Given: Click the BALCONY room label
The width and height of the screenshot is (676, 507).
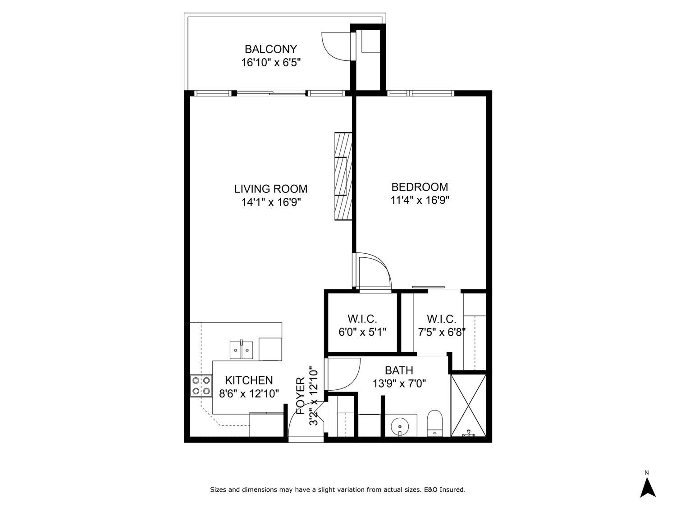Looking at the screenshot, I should tap(270, 49).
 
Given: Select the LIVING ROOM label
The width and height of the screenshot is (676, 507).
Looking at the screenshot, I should tap(270, 188).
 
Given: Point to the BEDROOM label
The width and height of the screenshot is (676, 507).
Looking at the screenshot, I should tap(420, 187).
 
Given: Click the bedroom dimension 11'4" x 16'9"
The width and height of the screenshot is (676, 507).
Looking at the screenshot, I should tap(420, 200).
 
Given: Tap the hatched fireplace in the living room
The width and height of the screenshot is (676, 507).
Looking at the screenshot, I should tap(343, 176).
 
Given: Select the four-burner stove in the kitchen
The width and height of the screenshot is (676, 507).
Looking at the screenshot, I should tap(201, 386).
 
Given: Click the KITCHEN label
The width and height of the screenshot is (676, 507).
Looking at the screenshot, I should tap(249, 380).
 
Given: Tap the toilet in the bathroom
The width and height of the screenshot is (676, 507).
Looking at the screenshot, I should tap(435, 423).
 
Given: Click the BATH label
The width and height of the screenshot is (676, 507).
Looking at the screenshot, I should tap(399, 370).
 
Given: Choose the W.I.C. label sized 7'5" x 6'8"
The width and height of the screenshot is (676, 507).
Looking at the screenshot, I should tap(441, 319).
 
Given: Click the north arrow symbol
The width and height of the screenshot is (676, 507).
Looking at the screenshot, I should tap(648, 487).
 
